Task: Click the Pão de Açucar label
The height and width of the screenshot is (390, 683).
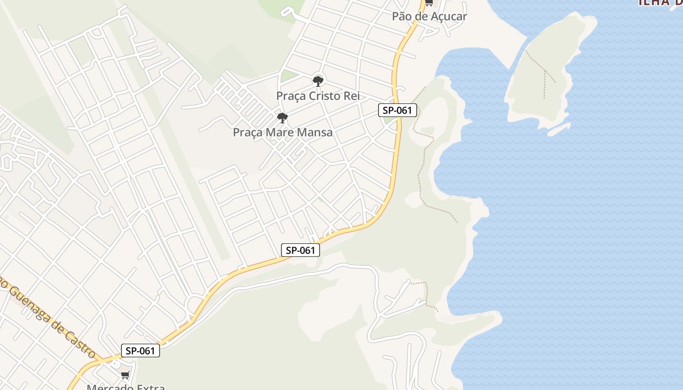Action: (429, 16)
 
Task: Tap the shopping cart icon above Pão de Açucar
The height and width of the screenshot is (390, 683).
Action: (428, 3)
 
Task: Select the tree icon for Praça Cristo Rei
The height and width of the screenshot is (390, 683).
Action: (318, 81)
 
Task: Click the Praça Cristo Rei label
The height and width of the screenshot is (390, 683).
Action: (318, 96)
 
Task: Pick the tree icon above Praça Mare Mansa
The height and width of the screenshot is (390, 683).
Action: (282, 118)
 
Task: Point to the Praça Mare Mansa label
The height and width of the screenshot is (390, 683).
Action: (282, 132)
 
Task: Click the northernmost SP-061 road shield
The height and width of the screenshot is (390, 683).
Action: (398, 110)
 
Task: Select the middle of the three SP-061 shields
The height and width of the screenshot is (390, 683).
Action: (301, 251)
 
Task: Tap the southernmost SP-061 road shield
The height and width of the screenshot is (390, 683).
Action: (141, 351)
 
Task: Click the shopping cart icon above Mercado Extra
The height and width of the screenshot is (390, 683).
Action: (125, 375)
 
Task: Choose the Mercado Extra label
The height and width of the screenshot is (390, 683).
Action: (126, 387)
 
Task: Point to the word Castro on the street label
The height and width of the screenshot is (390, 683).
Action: (84, 347)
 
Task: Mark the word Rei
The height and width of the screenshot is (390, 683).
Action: (352, 96)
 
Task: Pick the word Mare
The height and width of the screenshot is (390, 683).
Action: (280, 132)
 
